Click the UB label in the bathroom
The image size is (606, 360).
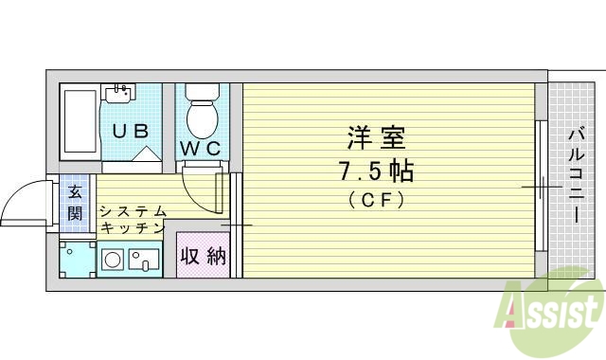pyautogui.click(x=132, y=132)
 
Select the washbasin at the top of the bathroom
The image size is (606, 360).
pyautogui.click(x=118, y=92)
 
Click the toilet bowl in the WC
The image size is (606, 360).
pyautogui.click(x=202, y=117)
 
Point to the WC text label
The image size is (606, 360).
pyautogui.click(x=201, y=148)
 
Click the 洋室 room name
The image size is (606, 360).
pyautogui.click(x=375, y=139)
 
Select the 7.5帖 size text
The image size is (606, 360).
pyautogui.click(x=376, y=172)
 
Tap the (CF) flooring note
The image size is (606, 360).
pyautogui.click(x=376, y=199)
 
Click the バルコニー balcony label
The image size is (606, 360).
pyautogui.click(x=575, y=175)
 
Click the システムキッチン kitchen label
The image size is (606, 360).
pyautogui.click(x=133, y=220)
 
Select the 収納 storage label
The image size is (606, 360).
pyautogui.click(x=204, y=256)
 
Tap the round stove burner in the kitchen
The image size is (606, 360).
pyautogui.click(x=113, y=259)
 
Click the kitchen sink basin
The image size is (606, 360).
pyautogui.click(x=146, y=259)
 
